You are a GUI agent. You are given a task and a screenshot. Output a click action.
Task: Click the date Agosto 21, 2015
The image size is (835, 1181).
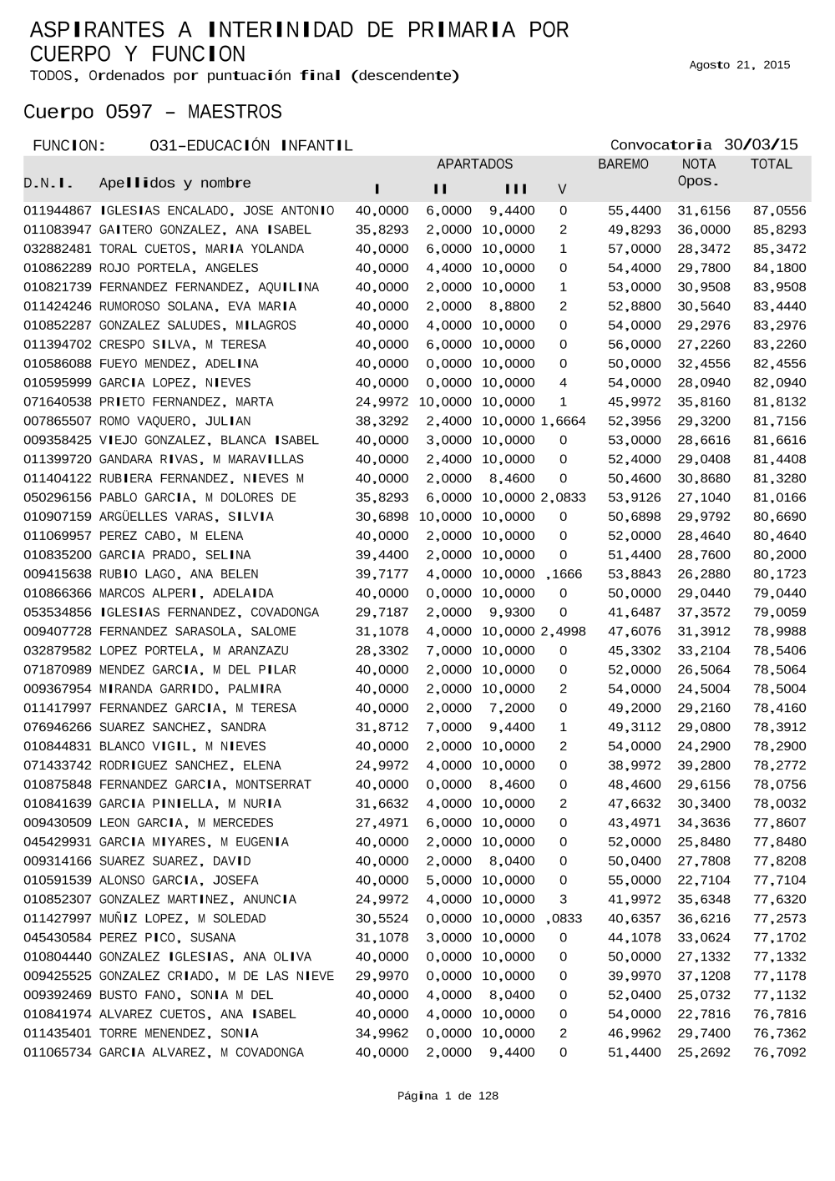(739, 65)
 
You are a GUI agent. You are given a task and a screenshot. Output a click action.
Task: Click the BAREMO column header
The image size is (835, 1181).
(623, 164)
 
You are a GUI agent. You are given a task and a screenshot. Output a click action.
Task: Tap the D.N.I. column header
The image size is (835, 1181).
(48, 183)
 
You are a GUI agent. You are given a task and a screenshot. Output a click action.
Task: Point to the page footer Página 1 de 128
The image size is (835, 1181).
(448, 1096)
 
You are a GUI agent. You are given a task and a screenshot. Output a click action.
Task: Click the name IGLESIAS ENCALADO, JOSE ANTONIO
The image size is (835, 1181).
(216, 211)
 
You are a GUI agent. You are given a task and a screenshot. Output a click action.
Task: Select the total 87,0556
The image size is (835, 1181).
(779, 211)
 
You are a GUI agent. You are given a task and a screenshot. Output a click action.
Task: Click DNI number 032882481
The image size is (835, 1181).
(57, 250)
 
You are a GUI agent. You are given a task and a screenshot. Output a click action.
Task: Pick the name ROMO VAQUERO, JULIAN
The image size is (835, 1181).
(175, 421)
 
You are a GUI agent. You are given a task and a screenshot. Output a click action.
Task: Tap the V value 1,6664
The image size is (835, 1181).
(563, 421)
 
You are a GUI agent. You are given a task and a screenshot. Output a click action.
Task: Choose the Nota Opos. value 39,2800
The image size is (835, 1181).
(703, 765)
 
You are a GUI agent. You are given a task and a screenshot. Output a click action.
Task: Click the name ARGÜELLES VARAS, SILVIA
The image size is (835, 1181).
(186, 517)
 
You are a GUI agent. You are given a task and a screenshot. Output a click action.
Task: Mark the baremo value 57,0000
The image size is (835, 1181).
(634, 250)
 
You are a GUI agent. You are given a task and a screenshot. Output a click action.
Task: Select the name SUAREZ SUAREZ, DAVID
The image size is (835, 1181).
(175, 861)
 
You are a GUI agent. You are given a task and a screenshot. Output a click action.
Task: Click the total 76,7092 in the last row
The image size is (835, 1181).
(779, 1052)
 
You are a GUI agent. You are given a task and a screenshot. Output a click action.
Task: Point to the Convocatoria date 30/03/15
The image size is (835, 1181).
(761, 144)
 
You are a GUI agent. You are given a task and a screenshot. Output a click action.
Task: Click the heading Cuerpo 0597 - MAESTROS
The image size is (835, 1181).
(153, 112)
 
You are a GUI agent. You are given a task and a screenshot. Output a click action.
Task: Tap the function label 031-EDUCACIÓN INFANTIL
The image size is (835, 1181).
(250, 146)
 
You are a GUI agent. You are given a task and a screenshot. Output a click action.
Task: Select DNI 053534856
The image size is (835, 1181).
(57, 613)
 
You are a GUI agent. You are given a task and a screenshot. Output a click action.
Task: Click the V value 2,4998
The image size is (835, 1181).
(563, 632)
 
